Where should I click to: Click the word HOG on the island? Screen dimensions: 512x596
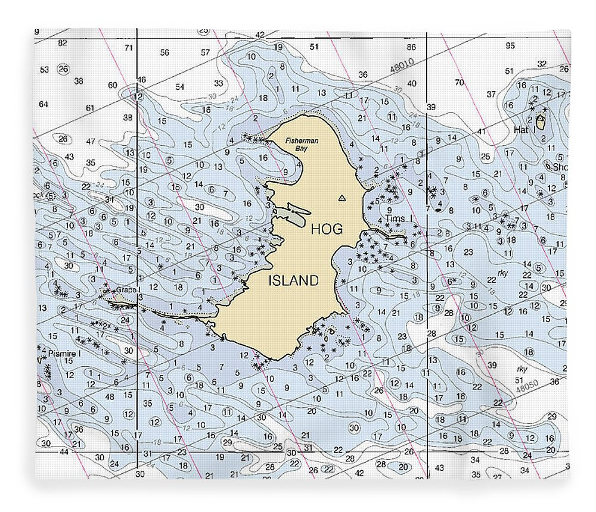[x=327, y=228]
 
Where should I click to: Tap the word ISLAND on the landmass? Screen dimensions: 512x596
[x=293, y=281]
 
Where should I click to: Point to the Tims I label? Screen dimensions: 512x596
[x=399, y=219]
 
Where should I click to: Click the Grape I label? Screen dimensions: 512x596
[x=128, y=290]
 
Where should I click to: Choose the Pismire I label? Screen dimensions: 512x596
[x=64, y=353]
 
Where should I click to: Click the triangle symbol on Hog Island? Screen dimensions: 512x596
[x=342, y=198]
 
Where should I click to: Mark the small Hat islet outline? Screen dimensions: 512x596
[x=540, y=122]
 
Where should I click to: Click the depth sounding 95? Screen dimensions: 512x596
[x=510, y=46]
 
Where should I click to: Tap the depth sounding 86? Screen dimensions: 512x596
[x=410, y=47]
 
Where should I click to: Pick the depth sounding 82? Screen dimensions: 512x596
[x=63, y=43]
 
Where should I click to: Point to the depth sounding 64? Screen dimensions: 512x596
[x=43, y=104]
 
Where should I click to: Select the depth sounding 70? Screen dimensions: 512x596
[x=459, y=82]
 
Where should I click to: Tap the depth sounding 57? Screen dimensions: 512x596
[x=206, y=52]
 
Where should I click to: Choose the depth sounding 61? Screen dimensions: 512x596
[x=91, y=108]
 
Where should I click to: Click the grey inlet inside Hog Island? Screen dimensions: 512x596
[x=296, y=214]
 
